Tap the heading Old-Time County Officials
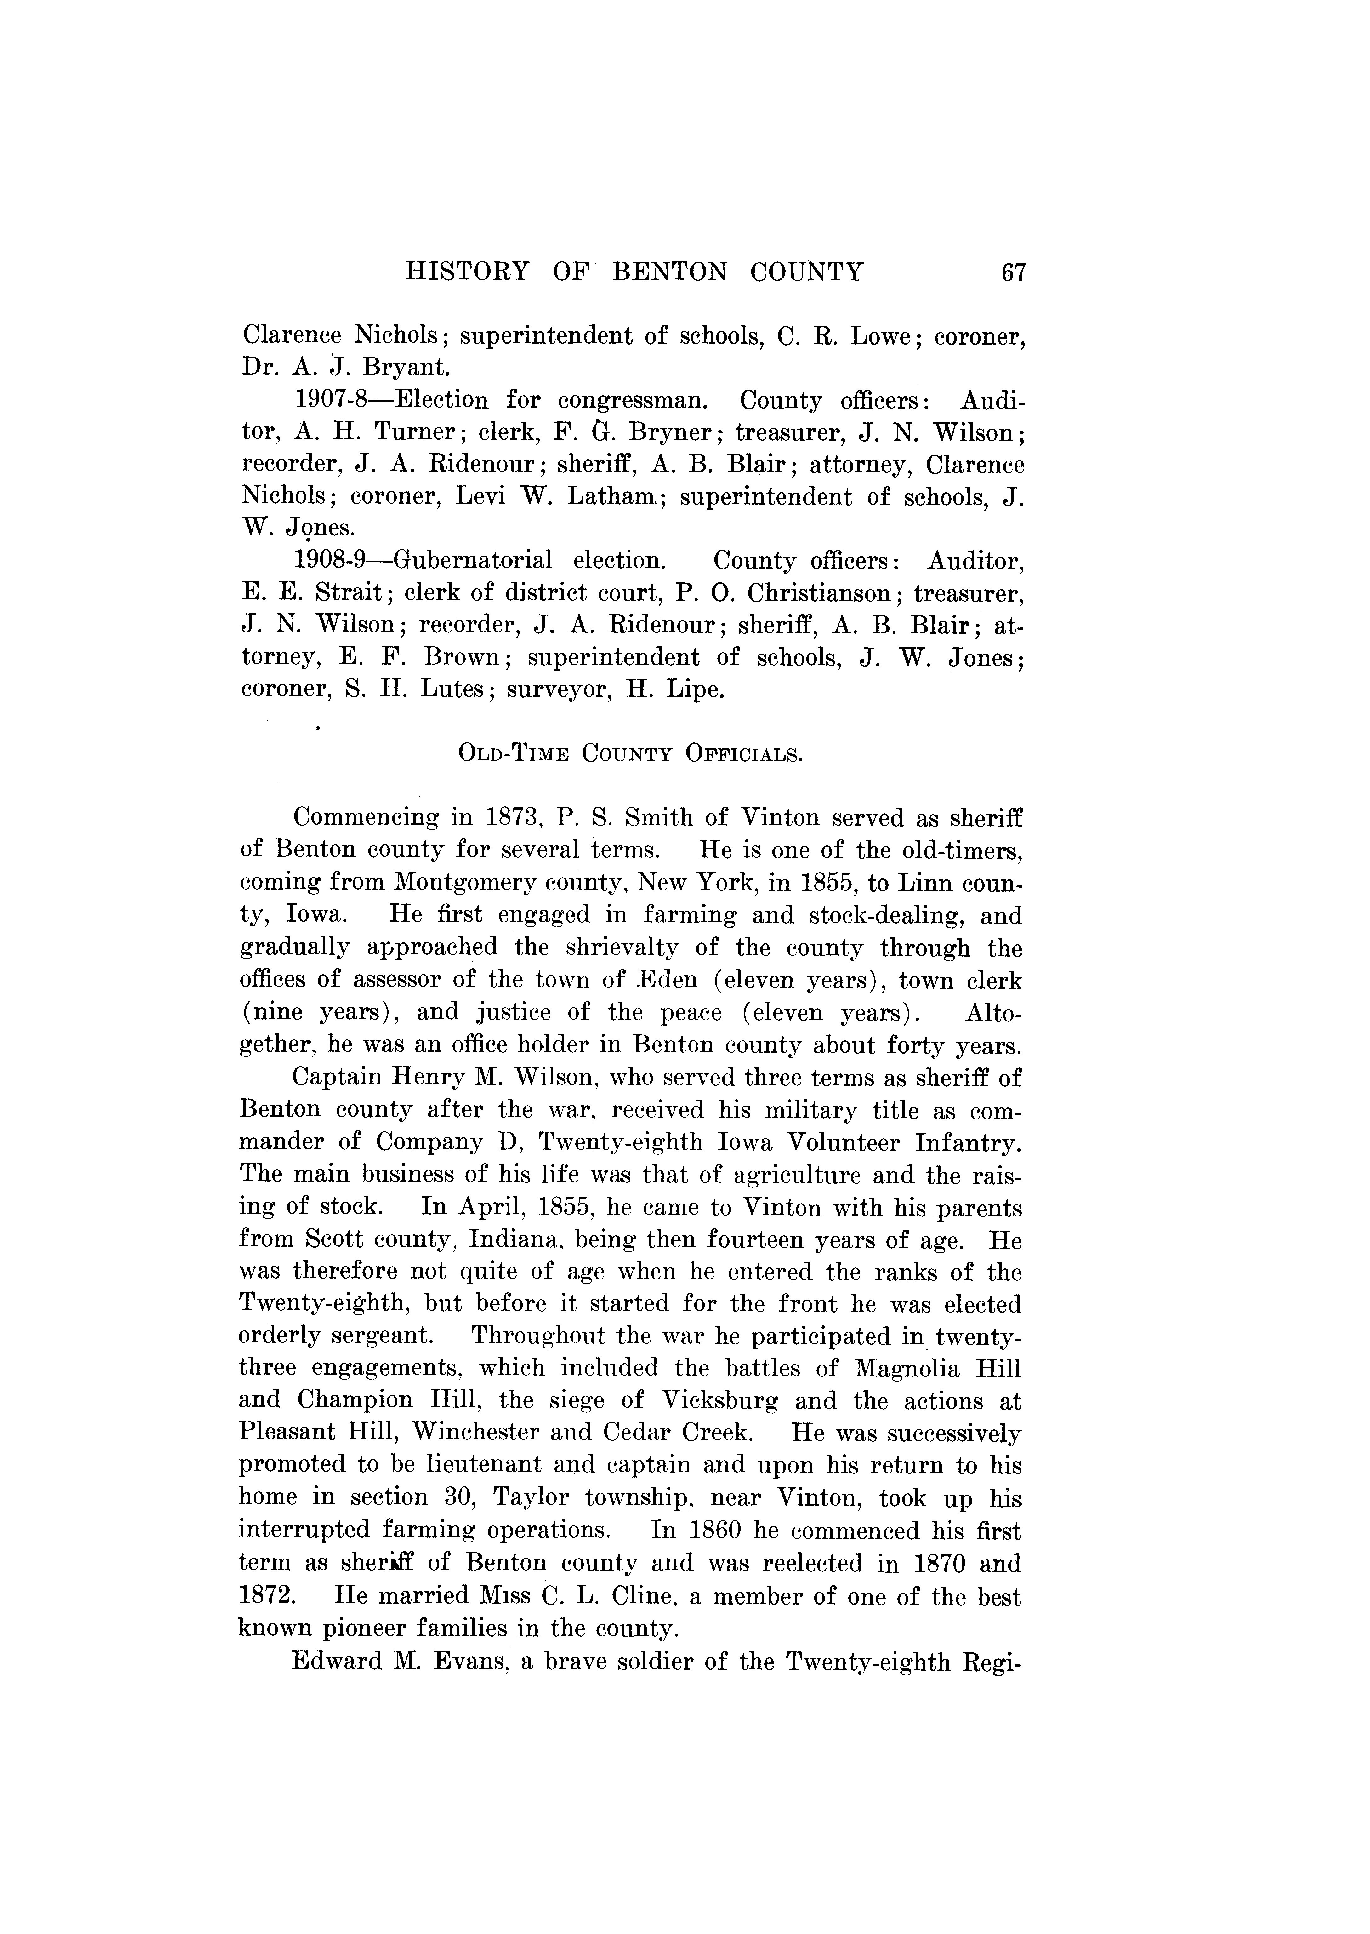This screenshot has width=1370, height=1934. click(630, 753)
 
